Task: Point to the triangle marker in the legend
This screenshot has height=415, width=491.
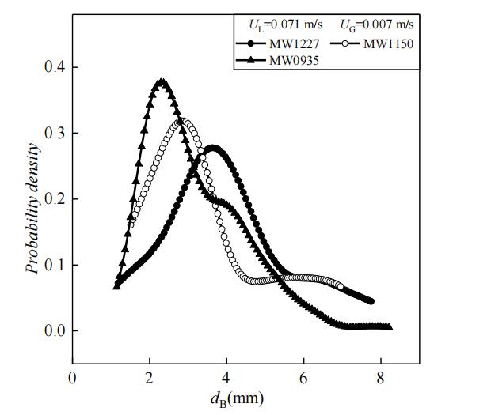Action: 250,58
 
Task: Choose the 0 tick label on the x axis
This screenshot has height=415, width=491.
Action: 73,377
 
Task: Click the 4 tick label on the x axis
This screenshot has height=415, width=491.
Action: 226,377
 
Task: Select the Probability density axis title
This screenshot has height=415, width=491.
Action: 32,207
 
